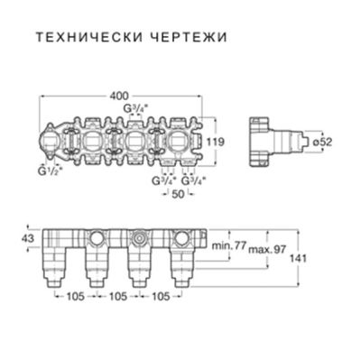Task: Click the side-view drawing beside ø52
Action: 280,141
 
